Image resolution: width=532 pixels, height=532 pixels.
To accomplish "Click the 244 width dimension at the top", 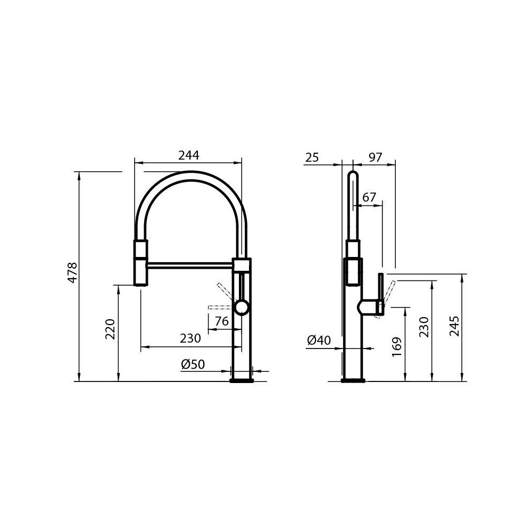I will [x=188, y=155].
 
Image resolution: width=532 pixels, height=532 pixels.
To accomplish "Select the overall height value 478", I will [x=73, y=272].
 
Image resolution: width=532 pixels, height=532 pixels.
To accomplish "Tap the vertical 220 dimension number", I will [x=110, y=330].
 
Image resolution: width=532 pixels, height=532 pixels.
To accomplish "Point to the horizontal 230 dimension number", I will [x=190, y=338].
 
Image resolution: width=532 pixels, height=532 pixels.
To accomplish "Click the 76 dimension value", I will [x=221, y=321].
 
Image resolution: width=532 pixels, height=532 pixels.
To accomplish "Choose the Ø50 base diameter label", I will [x=193, y=364].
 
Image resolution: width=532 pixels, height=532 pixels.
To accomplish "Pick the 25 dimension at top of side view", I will [x=312, y=157].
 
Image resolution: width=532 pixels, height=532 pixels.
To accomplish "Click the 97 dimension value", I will [x=376, y=157].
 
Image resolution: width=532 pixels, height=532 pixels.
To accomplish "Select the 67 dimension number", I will [x=369, y=197].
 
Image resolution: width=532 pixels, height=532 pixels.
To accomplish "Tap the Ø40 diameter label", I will [x=319, y=340].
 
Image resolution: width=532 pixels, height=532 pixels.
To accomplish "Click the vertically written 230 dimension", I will [x=424, y=328].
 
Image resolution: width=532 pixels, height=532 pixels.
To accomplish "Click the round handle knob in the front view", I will [x=242, y=307].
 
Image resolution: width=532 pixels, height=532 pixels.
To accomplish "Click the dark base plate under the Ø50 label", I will [x=242, y=380].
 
